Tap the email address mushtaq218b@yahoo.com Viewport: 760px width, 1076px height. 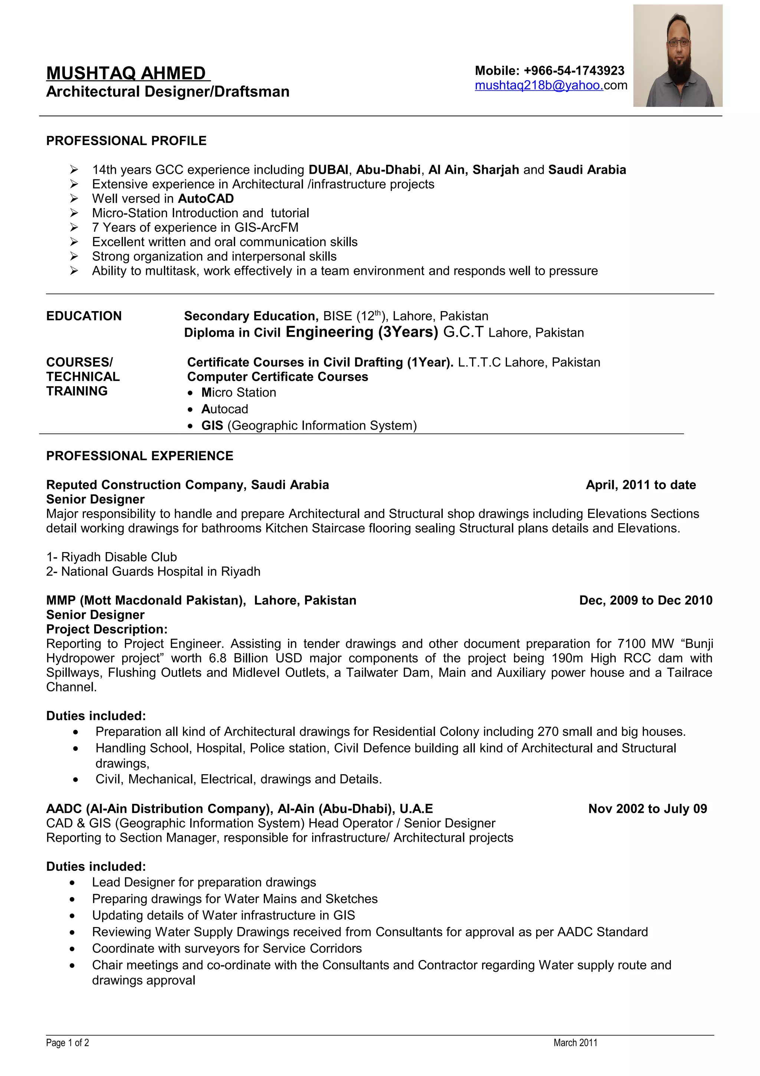tap(551, 85)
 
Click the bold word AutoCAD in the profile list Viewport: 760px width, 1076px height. tap(206, 199)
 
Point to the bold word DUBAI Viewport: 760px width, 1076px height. tap(328, 170)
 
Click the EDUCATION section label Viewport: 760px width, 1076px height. tap(84, 316)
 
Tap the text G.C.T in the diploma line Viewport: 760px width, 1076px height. tap(463, 332)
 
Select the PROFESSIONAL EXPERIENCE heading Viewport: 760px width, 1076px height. tap(140, 456)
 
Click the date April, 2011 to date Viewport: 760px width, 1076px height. tap(641, 485)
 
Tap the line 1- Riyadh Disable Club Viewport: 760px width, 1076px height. tap(111, 557)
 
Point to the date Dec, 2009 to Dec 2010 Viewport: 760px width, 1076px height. tap(645, 600)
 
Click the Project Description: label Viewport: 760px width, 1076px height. tap(107, 629)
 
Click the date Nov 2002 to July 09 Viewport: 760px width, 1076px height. tap(647, 809)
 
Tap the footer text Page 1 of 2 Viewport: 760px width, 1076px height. tap(68, 1043)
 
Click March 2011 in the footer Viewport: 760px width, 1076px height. tap(575, 1043)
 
